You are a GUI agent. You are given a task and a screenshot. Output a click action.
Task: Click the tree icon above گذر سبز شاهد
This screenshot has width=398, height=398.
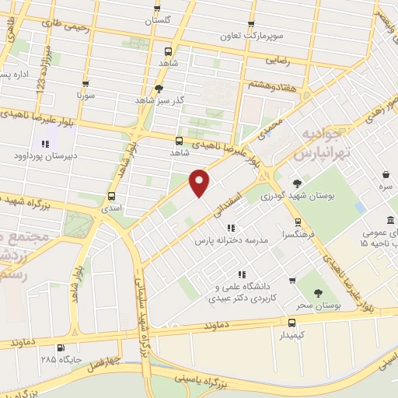[x=159, y=88]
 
